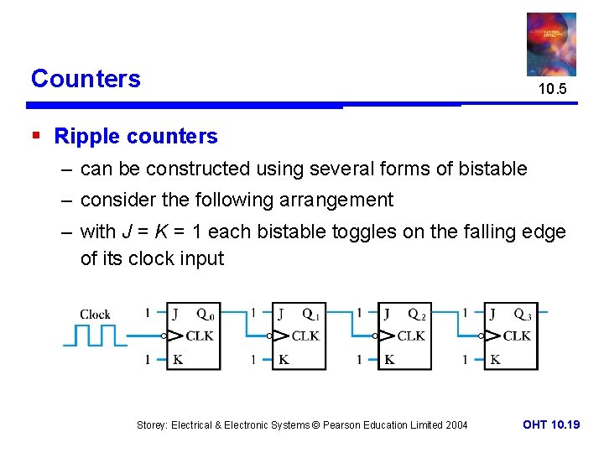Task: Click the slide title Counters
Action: (x=86, y=79)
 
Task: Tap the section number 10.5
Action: (x=552, y=89)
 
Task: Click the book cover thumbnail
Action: (x=551, y=44)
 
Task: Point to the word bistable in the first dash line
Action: (x=492, y=169)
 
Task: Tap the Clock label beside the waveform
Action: (x=95, y=315)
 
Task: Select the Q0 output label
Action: (x=205, y=315)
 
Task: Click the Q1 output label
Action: (x=310, y=315)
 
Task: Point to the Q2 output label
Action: (x=416, y=315)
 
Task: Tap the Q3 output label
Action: (x=522, y=315)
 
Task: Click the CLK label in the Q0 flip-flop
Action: (x=199, y=336)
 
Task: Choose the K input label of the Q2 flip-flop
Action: (x=389, y=359)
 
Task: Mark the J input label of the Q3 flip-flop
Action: (x=492, y=315)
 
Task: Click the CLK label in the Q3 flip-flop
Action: (x=516, y=336)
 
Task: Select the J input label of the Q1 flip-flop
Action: (x=281, y=315)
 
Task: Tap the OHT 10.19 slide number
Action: (x=551, y=425)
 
